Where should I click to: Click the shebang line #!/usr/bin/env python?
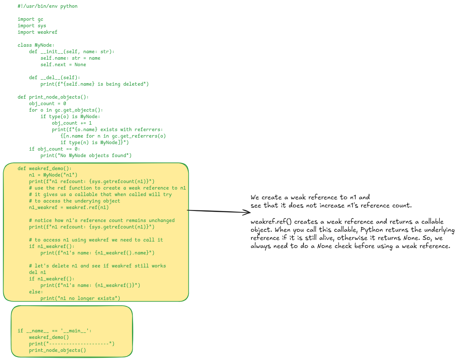(47, 6)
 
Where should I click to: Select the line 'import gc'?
(30, 19)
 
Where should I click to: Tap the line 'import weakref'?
(37, 32)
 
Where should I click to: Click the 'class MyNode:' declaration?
(36, 45)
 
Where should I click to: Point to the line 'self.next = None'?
(63, 65)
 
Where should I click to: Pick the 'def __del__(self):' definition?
(54, 78)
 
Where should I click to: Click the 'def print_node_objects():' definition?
(53, 97)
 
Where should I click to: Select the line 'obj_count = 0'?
(47, 104)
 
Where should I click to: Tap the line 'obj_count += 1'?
(72, 123)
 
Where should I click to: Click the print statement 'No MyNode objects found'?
(86, 155)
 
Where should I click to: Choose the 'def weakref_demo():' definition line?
(44, 168)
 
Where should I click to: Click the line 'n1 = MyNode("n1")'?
(53, 175)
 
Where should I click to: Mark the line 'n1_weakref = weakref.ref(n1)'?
(69, 207)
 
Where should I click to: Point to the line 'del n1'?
(37, 272)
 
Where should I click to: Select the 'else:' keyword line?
(36, 292)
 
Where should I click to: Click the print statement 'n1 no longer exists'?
(80, 298)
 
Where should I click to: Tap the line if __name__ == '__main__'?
(54, 331)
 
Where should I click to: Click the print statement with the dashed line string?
(72, 344)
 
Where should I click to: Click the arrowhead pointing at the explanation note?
(248, 213)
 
